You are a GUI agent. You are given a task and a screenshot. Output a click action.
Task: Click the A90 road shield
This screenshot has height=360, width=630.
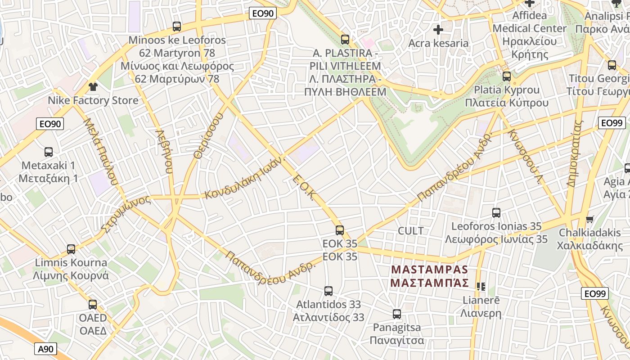(x=45, y=348)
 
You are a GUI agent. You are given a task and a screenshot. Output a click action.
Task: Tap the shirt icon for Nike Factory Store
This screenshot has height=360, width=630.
(x=93, y=86)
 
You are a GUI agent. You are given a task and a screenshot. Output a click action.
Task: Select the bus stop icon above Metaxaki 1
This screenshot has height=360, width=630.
(x=49, y=152)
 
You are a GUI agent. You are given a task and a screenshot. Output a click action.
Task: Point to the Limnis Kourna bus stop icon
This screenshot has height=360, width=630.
(x=71, y=249)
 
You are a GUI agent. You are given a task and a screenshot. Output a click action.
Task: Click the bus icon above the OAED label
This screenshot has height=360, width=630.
(x=93, y=305)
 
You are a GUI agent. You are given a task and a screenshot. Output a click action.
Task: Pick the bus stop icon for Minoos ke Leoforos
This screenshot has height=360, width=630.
(x=177, y=27)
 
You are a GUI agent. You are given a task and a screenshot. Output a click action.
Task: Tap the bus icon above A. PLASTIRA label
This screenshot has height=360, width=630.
(x=345, y=40)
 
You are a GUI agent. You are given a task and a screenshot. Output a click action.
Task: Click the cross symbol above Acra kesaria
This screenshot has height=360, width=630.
(x=438, y=30)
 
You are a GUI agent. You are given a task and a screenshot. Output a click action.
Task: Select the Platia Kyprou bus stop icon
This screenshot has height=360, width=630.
(x=507, y=76)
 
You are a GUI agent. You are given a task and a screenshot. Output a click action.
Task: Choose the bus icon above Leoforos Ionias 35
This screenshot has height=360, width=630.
(x=496, y=213)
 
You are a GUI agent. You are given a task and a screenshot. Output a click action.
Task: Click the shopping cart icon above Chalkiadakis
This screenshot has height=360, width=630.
(x=589, y=220)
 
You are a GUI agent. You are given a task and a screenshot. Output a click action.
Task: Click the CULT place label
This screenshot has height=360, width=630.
(x=410, y=231)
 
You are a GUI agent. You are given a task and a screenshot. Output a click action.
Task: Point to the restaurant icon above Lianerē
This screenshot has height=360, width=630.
(x=481, y=286)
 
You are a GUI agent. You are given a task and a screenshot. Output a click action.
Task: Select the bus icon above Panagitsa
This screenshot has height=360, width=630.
(x=396, y=314)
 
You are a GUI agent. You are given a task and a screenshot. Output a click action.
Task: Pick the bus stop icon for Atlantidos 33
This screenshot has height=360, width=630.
(x=328, y=291)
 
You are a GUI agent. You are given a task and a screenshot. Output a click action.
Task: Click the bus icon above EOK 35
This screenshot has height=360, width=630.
(x=340, y=230)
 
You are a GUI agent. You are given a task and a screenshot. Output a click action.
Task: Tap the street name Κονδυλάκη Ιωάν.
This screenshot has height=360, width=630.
(x=245, y=178)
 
